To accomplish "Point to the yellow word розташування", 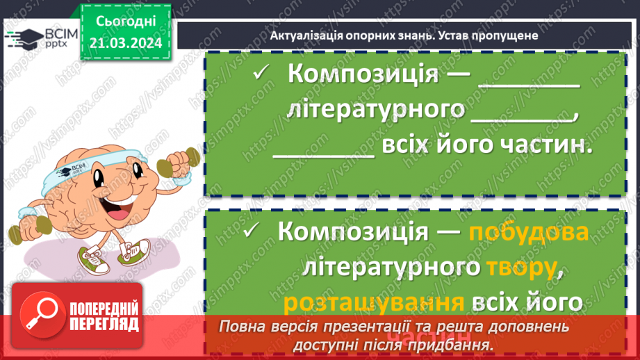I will pos(374,302).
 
